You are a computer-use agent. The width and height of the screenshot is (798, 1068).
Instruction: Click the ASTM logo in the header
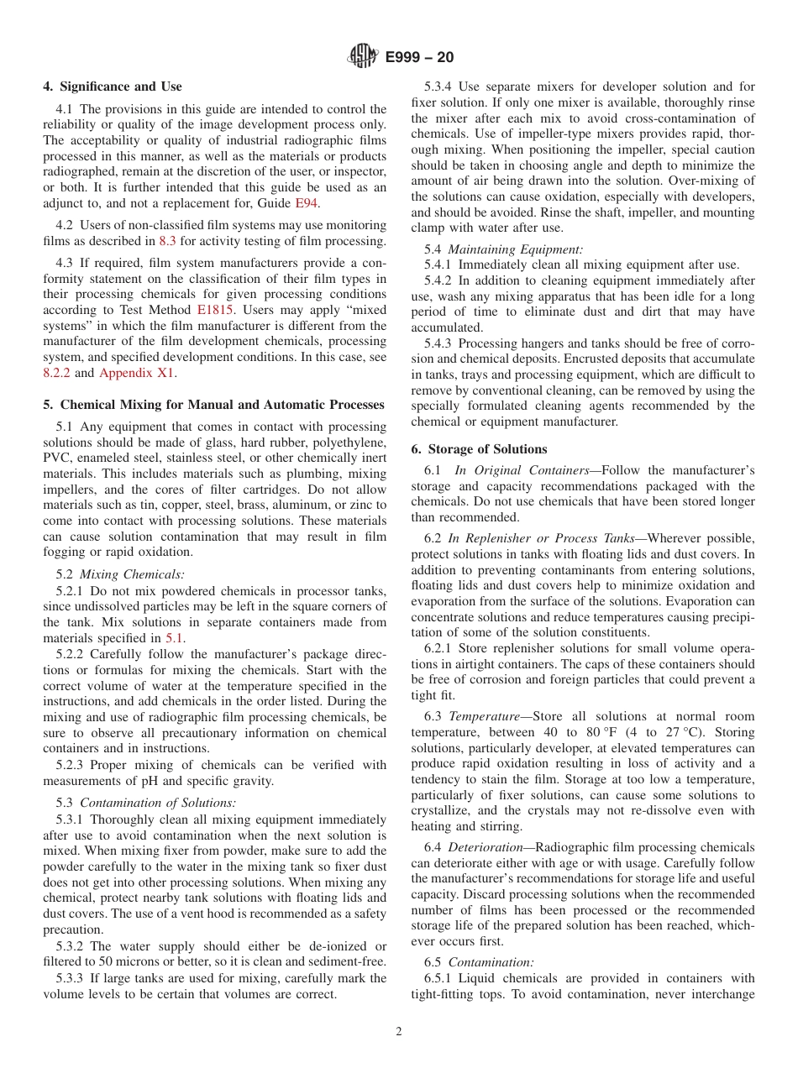coord(362,57)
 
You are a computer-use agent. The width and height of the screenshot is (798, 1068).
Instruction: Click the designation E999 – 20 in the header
coord(419,57)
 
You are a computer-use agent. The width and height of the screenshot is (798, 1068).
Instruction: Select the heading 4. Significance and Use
coord(113,86)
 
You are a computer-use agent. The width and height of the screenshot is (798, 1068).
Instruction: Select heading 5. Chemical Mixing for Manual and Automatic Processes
coord(213,405)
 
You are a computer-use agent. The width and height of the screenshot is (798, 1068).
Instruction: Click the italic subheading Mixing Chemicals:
coord(131,574)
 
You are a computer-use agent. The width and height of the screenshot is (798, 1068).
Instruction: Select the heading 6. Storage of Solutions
coord(479,449)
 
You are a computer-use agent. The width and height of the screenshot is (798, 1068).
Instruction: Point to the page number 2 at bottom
coord(399,1031)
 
